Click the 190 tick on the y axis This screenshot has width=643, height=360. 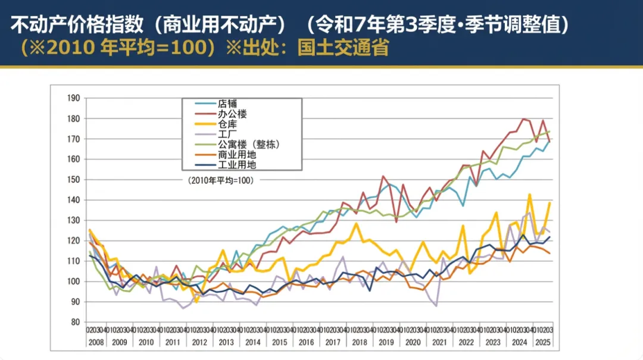(x=73, y=98)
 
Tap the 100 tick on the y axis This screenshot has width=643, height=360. (x=73, y=281)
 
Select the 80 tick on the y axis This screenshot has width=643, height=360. (x=75, y=322)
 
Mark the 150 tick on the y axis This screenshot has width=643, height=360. (x=73, y=180)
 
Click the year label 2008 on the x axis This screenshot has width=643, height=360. (x=96, y=342)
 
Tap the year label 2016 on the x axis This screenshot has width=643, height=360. (x=306, y=342)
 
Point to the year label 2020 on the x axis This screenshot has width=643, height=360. (x=412, y=342)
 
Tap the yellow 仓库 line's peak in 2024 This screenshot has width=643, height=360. (x=529, y=194)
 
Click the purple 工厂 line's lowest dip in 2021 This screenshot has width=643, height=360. (x=436, y=305)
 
